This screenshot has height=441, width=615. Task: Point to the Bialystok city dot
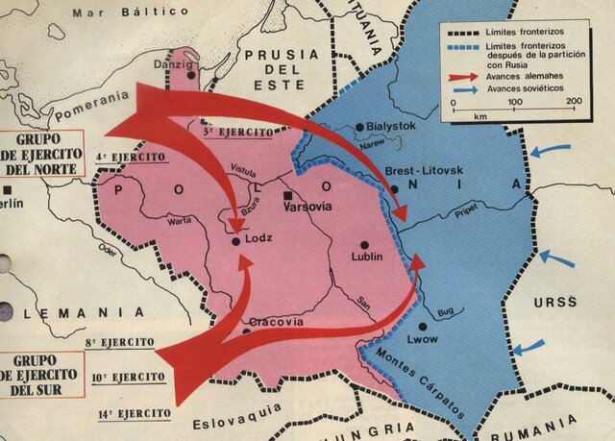tap(359, 126)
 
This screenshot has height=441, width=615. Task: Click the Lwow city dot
tap(422, 327)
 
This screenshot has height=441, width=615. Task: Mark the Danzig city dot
tap(193, 74)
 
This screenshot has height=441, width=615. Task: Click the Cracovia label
tap(276, 322)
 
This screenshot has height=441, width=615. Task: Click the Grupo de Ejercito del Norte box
tap(41, 151)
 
